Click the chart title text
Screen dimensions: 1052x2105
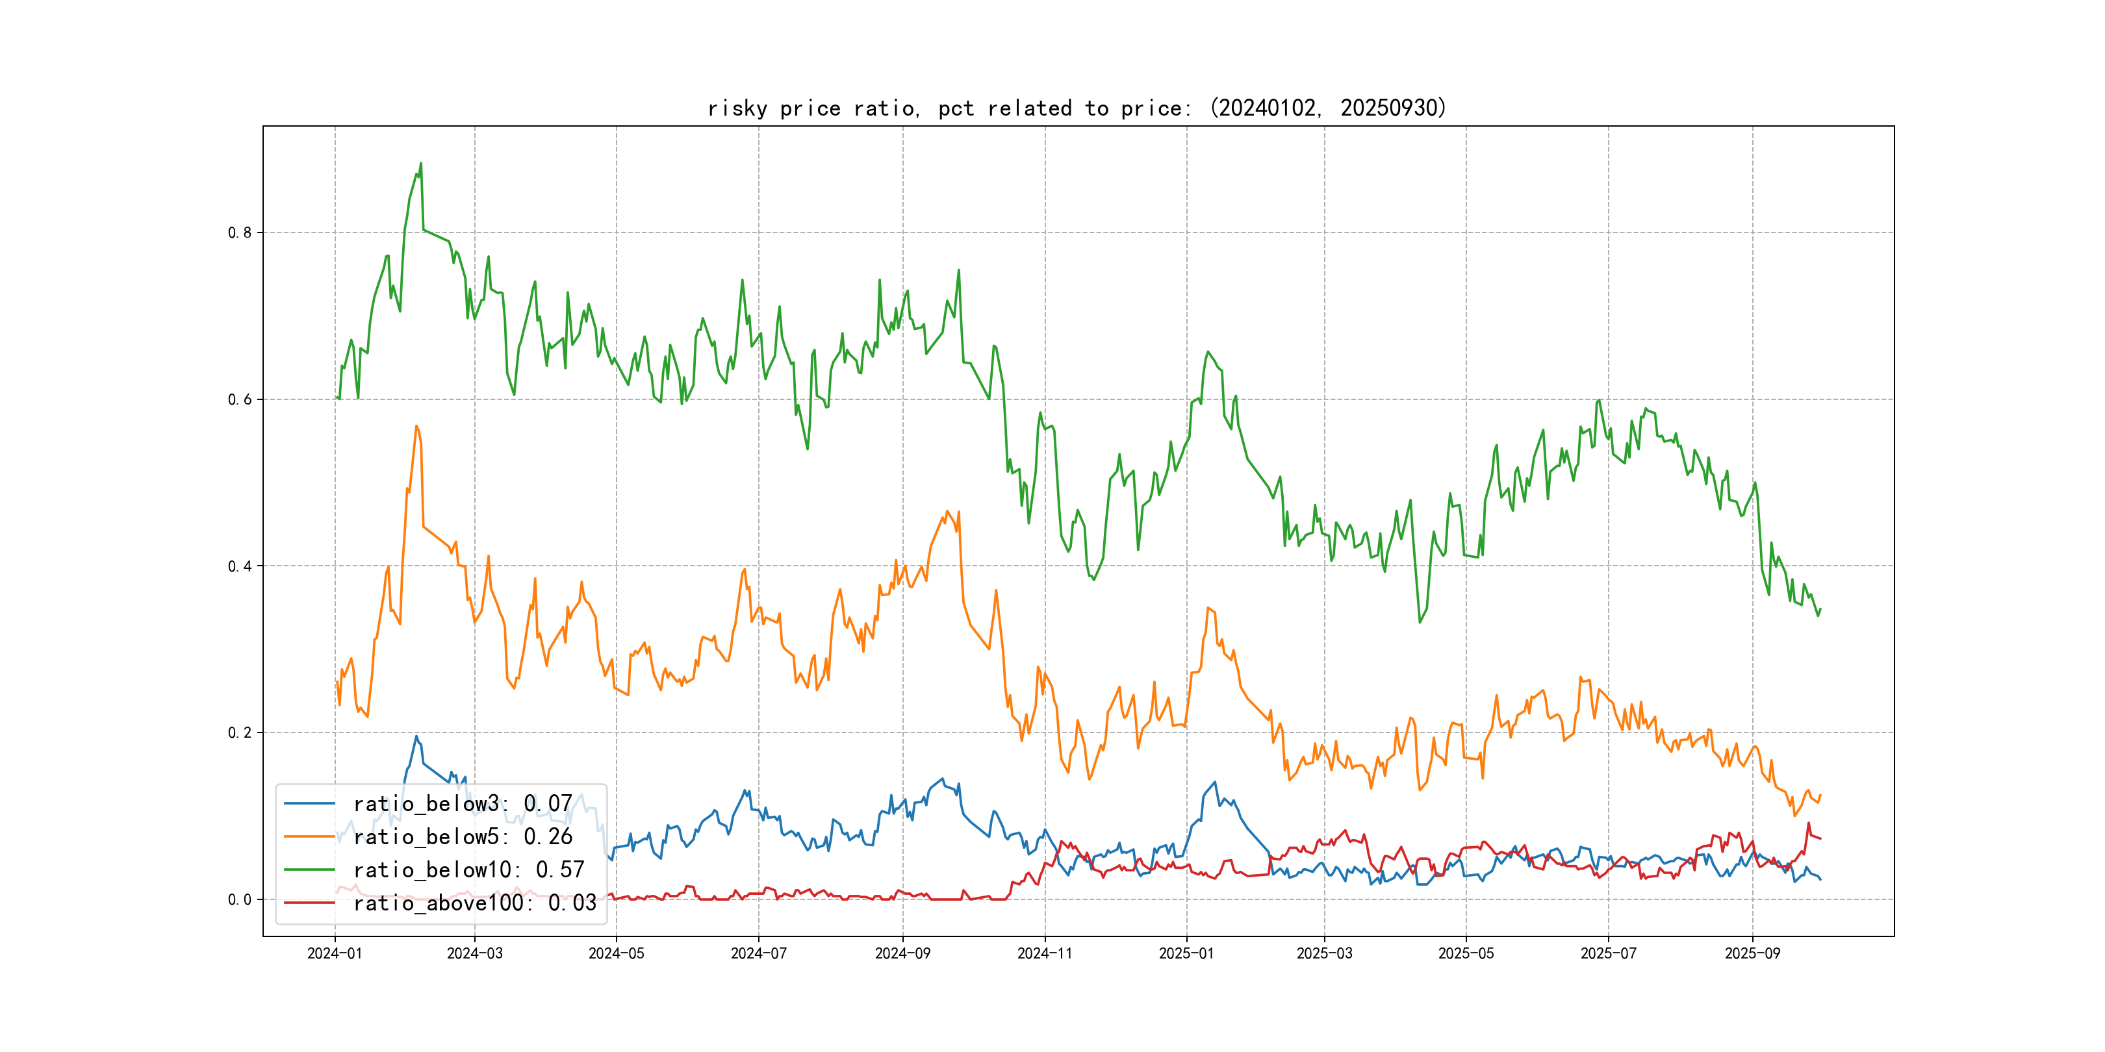[1077, 108]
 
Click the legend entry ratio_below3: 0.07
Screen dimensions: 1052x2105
[462, 804]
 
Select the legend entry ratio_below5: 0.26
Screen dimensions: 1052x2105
[462, 836]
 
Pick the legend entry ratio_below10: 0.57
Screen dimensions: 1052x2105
[468, 870]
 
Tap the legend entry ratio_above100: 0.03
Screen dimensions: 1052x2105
[474, 903]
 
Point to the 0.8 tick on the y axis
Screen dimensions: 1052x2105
[240, 232]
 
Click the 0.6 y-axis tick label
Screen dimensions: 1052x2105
[240, 399]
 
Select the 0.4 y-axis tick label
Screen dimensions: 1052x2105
[240, 566]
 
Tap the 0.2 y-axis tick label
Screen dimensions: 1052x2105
[240, 733]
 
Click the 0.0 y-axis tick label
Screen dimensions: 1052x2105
[240, 899]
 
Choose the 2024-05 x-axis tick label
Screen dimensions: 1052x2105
[616, 953]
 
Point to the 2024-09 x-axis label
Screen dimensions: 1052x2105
[902, 953]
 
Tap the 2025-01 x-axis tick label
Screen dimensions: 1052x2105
[1186, 953]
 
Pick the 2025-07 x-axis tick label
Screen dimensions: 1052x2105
[1608, 953]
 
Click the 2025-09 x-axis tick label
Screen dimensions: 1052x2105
[1752, 953]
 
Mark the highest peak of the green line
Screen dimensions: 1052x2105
[421, 164]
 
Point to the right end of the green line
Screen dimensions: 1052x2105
[1820, 609]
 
